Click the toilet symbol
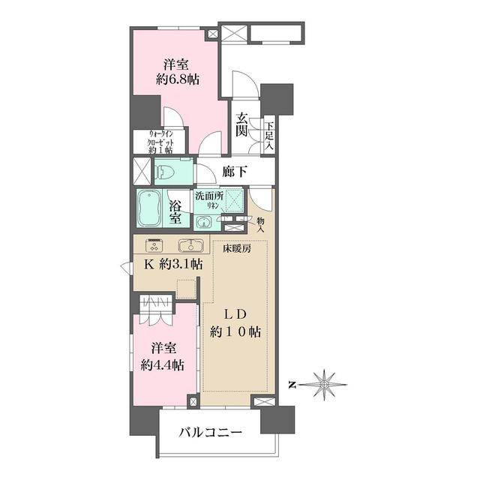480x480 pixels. coord(164,172)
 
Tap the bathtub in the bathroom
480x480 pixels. coord(150,208)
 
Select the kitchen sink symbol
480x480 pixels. coord(191,245)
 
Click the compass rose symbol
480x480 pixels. coord(325,384)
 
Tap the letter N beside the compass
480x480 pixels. coord(292,385)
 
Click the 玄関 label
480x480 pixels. coord(241,125)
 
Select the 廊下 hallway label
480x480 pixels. coord(235,172)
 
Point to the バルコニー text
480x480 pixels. coord(211,432)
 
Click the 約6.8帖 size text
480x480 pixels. coord(178,80)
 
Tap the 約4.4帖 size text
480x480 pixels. coord(163,365)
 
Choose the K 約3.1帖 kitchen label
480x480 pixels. coord(173,264)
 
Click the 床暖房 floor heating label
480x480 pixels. coord(236,248)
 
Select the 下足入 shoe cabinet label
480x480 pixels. coord(269,135)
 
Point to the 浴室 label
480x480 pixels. coord(175,212)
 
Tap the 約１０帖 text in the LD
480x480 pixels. coord(235,331)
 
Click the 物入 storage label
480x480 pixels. coord(260,224)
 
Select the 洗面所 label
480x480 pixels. coord(210,196)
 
